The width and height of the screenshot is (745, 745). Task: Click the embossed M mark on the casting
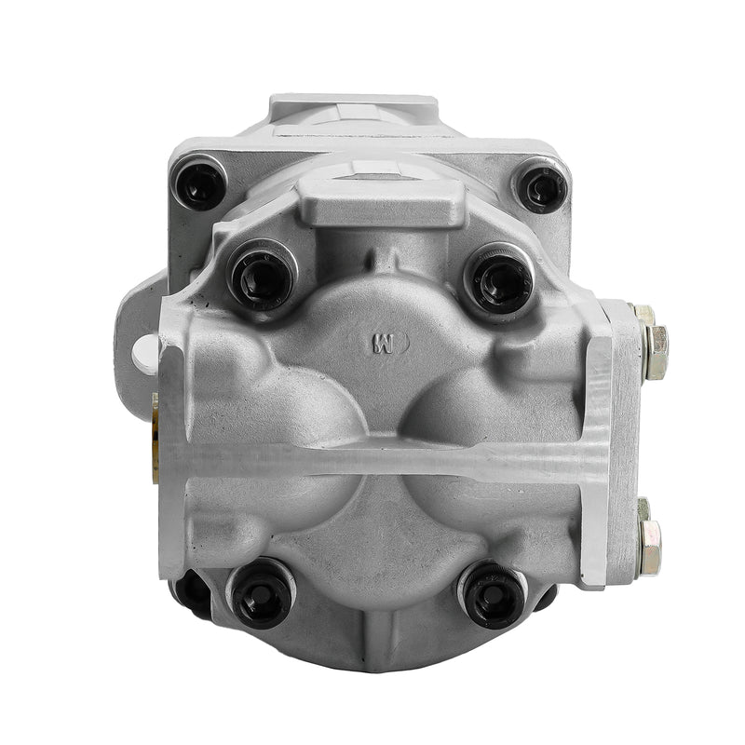[x=382, y=341]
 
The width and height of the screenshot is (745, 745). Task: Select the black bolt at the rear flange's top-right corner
[x=544, y=187]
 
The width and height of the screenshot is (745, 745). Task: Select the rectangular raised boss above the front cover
[x=384, y=201]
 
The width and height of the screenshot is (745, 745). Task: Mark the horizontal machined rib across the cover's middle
[x=382, y=460]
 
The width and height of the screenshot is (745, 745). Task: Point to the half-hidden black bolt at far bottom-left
[x=193, y=592]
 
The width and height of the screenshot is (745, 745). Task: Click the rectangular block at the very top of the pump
[x=354, y=110]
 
